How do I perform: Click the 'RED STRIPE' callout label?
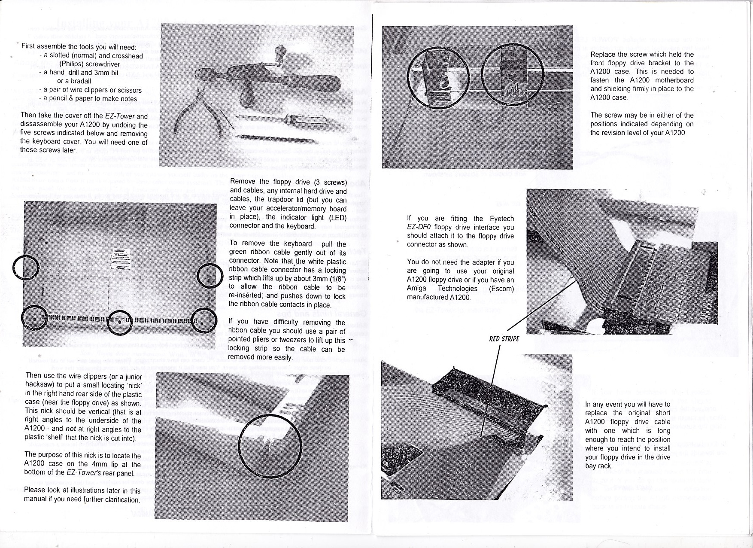coord(504,339)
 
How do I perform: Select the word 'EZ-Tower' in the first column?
coord(120,116)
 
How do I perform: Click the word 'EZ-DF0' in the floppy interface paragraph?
coord(419,227)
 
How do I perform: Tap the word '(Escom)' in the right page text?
coord(501,289)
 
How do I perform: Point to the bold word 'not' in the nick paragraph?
coord(71,429)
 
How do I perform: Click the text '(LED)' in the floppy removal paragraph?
coord(337,217)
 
